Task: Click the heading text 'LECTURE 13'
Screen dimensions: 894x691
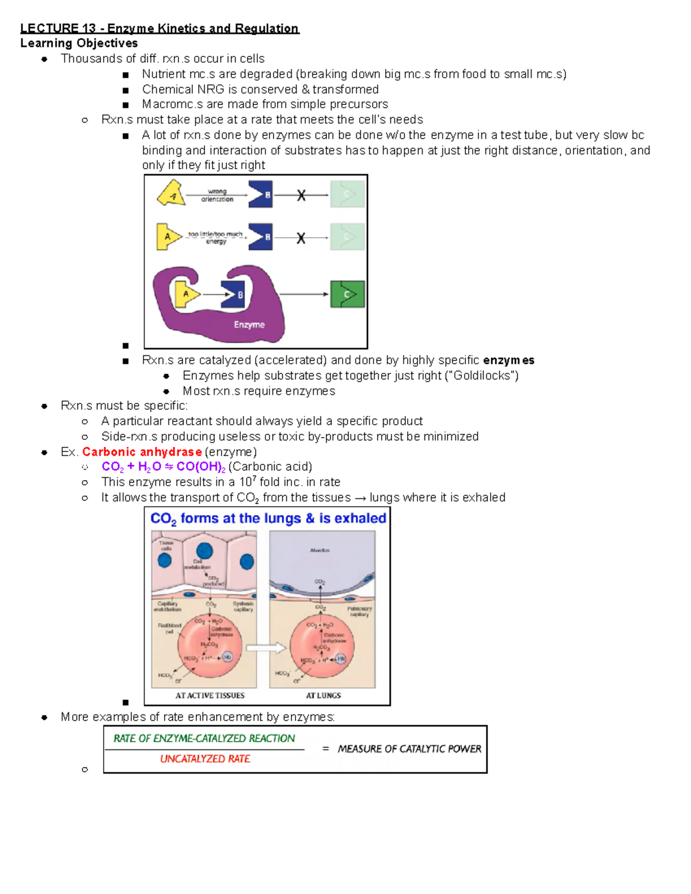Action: [58, 28]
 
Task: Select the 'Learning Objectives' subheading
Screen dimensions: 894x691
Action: [79, 43]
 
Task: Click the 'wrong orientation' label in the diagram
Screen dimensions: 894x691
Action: [217, 195]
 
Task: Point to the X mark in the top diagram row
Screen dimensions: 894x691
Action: [301, 196]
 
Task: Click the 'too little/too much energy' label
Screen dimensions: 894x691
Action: [216, 238]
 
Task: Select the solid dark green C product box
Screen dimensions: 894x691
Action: [347, 294]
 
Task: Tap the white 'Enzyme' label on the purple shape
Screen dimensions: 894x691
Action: [249, 325]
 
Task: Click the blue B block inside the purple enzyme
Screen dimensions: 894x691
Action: [233, 295]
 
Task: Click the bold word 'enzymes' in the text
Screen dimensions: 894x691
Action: [508, 360]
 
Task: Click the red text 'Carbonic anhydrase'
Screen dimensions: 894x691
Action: [142, 452]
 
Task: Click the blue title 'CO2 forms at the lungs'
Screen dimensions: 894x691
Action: [268, 518]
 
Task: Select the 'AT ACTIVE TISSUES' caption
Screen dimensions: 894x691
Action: [210, 695]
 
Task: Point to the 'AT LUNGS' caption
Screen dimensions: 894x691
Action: [323, 695]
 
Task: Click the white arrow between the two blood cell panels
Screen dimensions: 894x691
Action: [266, 648]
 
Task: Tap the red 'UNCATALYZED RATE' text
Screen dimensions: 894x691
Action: [205, 759]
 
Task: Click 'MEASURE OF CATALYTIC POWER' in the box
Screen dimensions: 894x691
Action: [409, 749]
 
